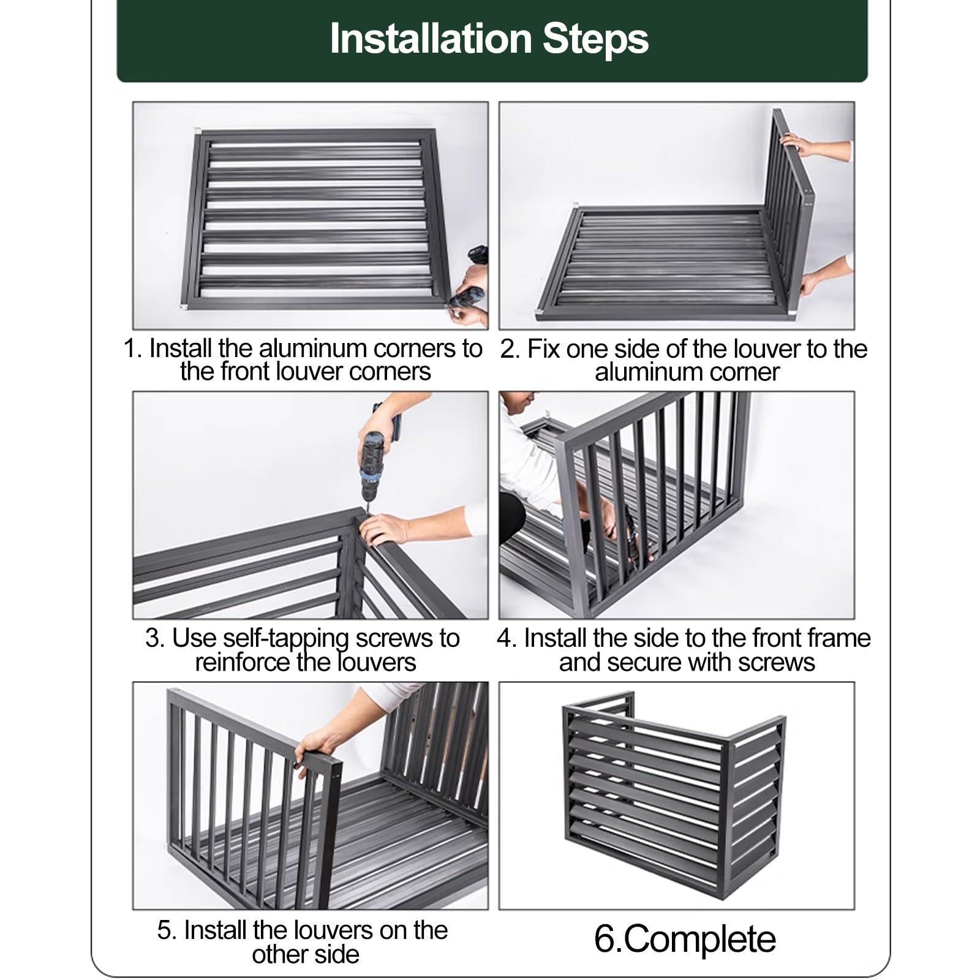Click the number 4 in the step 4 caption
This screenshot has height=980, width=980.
[503, 638]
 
